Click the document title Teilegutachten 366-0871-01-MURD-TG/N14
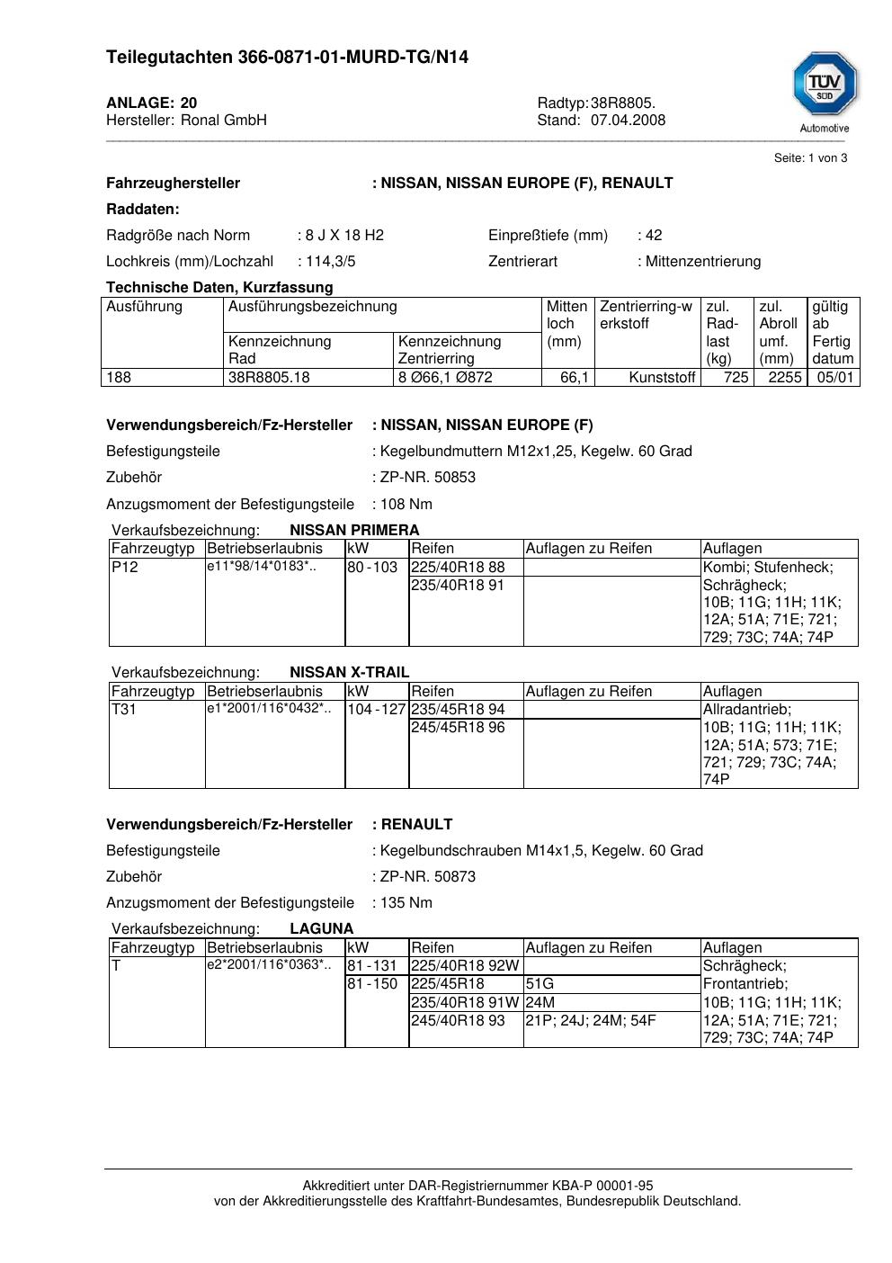[x=287, y=58]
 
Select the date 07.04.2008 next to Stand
[x=628, y=121]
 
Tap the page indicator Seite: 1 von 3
[x=810, y=158]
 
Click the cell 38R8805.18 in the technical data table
[x=269, y=378]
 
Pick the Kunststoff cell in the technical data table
[x=662, y=378]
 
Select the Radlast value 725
[x=736, y=378]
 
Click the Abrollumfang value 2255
[x=784, y=378]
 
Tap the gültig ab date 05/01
[x=834, y=378]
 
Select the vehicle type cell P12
[x=125, y=568]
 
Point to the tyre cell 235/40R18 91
[x=458, y=586]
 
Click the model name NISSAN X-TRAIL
[x=349, y=673]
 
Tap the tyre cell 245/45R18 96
[x=458, y=728]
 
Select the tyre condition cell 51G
[x=540, y=984]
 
